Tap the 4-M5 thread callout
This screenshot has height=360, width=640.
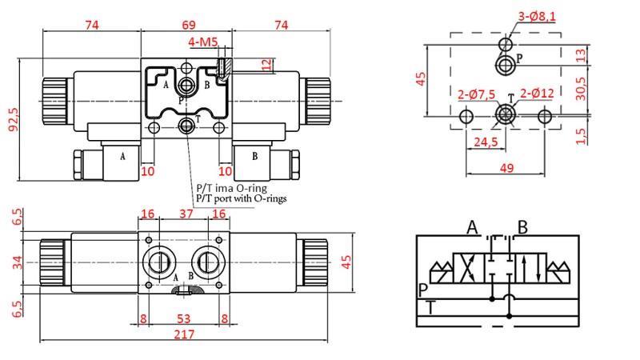tap(202, 42)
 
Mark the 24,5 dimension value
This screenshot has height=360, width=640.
tap(485, 142)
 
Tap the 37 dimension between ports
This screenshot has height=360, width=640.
tap(186, 213)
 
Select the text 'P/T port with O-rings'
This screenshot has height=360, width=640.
tap(241, 198)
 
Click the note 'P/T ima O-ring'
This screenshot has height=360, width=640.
tap(231, 188)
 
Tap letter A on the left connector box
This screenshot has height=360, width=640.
tap(122, 156)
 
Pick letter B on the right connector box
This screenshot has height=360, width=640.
tap(254, 156)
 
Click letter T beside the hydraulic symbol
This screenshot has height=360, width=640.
tap(431, 306)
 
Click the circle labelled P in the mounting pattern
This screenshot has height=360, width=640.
tap(506, 63)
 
